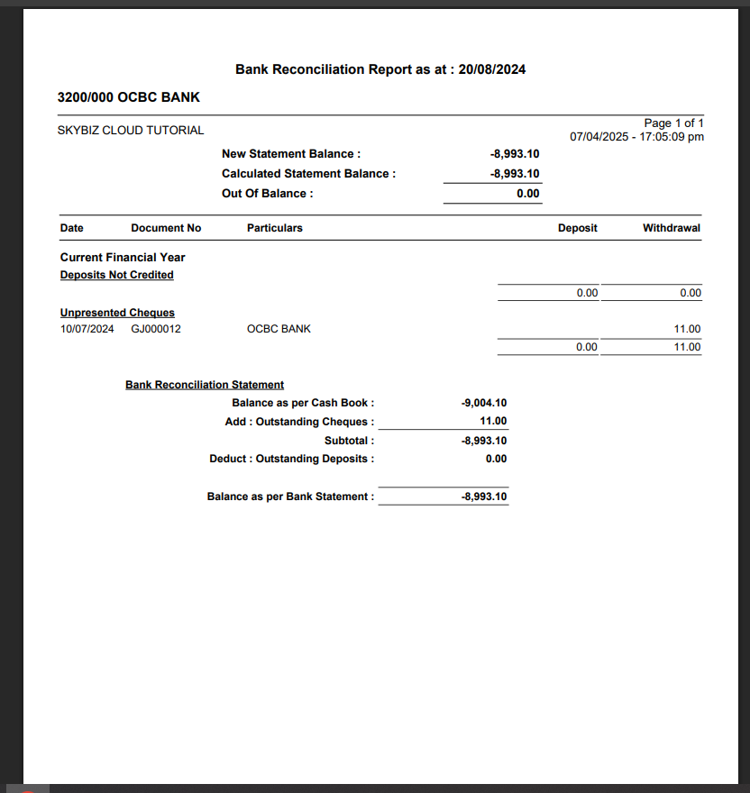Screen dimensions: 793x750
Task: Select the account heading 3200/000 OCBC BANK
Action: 128,97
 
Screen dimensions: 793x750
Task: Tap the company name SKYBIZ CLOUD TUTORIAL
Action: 131,131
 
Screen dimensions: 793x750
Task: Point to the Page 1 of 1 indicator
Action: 673,123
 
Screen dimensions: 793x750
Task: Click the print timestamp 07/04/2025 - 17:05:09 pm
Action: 636,137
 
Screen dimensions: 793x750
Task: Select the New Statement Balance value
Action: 515,154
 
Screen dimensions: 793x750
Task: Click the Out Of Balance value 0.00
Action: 528,194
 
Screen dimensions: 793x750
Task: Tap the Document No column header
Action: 166,228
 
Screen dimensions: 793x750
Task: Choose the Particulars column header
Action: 275,228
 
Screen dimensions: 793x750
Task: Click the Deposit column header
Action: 577,228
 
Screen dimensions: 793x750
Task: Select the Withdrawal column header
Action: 671,228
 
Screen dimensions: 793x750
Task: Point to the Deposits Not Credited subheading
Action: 117,275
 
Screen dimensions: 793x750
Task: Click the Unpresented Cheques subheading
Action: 117,313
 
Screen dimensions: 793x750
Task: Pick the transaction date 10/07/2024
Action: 87,329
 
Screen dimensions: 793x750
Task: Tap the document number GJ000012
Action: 156,329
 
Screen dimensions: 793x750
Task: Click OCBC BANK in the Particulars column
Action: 279,329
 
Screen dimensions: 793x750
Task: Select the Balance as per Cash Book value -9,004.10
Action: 484,403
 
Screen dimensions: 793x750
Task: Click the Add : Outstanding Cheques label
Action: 299,422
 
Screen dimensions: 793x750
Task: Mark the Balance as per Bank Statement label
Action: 290,497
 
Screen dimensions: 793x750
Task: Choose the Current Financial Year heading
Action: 123,257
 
